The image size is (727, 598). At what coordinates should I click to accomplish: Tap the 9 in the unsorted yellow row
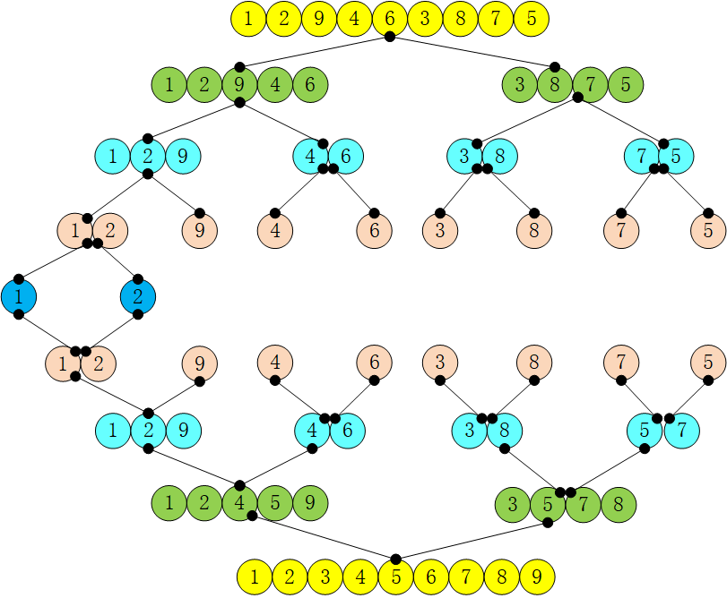point(318,19)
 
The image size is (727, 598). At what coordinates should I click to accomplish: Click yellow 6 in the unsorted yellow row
point(389,19)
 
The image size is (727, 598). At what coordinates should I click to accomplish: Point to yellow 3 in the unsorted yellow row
point(424,19)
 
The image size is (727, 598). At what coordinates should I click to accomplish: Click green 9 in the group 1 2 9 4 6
point(239,85)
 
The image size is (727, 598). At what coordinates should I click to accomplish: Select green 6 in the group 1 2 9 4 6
point(309,85)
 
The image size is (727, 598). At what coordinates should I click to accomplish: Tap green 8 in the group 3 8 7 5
point(555,85)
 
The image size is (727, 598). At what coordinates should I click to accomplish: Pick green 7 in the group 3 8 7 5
point(590,85)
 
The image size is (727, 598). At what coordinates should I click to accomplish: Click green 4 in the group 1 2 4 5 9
point(239,503)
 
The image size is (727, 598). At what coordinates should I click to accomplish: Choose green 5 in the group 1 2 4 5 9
point(275,503)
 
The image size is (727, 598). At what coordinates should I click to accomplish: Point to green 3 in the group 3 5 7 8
point(513,505)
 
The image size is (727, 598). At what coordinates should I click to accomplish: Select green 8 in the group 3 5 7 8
point(618,505)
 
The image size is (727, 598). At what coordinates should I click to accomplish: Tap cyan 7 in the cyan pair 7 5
point(642,156)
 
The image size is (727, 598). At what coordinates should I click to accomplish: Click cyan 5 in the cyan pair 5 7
point(645,431)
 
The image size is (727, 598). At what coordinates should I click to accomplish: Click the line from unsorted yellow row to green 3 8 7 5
point(472,52)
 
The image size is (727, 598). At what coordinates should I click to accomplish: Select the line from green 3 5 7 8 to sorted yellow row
point(472,540)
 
